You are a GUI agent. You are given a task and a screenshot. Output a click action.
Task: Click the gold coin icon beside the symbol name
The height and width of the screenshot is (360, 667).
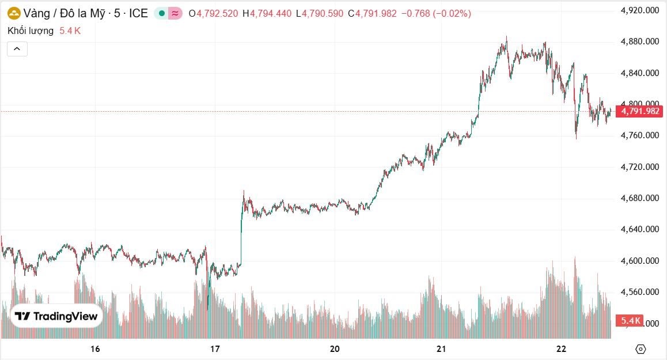(14, 13)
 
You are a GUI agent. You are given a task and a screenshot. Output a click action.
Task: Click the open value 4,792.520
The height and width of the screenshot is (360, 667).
(217, 13)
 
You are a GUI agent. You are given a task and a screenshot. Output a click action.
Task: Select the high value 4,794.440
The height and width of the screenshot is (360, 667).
(271, 13)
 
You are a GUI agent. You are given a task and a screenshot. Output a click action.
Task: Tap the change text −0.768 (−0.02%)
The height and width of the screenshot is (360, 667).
(435, 13)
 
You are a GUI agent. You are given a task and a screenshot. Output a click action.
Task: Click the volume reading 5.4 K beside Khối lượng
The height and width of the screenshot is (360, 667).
(70, 31)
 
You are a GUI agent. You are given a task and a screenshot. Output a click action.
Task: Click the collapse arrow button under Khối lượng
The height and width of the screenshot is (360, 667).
(17, 49)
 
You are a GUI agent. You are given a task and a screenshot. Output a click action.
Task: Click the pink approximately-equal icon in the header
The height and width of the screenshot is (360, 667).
(175, 13)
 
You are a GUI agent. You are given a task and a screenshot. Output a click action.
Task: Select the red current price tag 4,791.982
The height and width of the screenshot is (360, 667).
(639, 111)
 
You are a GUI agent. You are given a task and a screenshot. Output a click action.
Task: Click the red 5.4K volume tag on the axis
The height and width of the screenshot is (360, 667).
(630, 321)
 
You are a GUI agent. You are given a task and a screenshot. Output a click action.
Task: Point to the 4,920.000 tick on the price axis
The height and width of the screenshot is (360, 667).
(639, 10)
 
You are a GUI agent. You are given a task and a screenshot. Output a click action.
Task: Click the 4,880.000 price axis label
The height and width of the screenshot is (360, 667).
(639, 41)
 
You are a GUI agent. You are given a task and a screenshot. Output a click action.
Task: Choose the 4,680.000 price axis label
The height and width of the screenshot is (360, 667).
(639, 198)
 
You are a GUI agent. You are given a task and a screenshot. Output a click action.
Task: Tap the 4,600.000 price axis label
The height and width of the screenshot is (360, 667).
(639, 261)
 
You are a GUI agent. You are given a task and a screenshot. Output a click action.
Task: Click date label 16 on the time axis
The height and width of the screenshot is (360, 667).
(96, 348)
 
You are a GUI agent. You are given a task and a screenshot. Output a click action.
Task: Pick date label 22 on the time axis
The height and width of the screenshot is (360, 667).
(562, 348)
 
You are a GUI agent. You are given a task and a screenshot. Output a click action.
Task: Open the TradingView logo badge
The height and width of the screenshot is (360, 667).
(56, 316)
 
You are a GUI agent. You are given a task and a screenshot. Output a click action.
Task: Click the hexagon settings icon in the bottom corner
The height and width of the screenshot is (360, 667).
(641, 348)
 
